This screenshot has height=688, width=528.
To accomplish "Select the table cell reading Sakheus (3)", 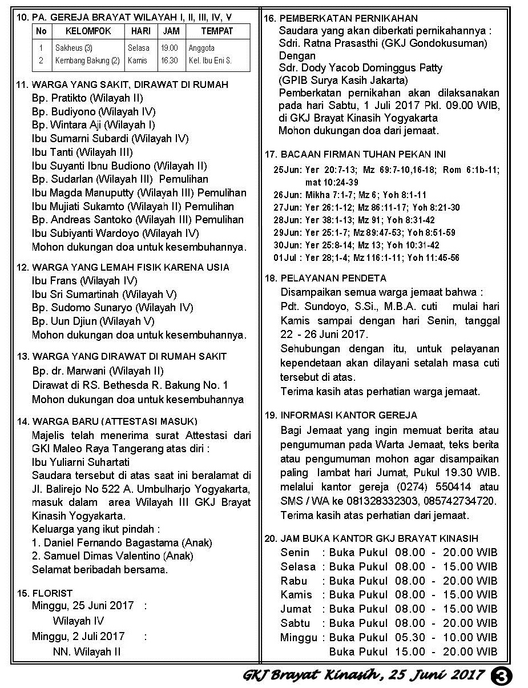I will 74,48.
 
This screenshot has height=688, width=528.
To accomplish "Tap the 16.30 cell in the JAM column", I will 169,61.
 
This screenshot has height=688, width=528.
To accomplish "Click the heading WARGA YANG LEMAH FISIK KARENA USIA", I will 131,267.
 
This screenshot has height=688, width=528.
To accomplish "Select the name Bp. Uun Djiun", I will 64,321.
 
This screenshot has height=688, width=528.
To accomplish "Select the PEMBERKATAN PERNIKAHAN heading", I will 349,19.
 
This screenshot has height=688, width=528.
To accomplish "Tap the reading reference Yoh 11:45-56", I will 433,258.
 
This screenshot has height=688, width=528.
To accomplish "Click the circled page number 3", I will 502,675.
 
